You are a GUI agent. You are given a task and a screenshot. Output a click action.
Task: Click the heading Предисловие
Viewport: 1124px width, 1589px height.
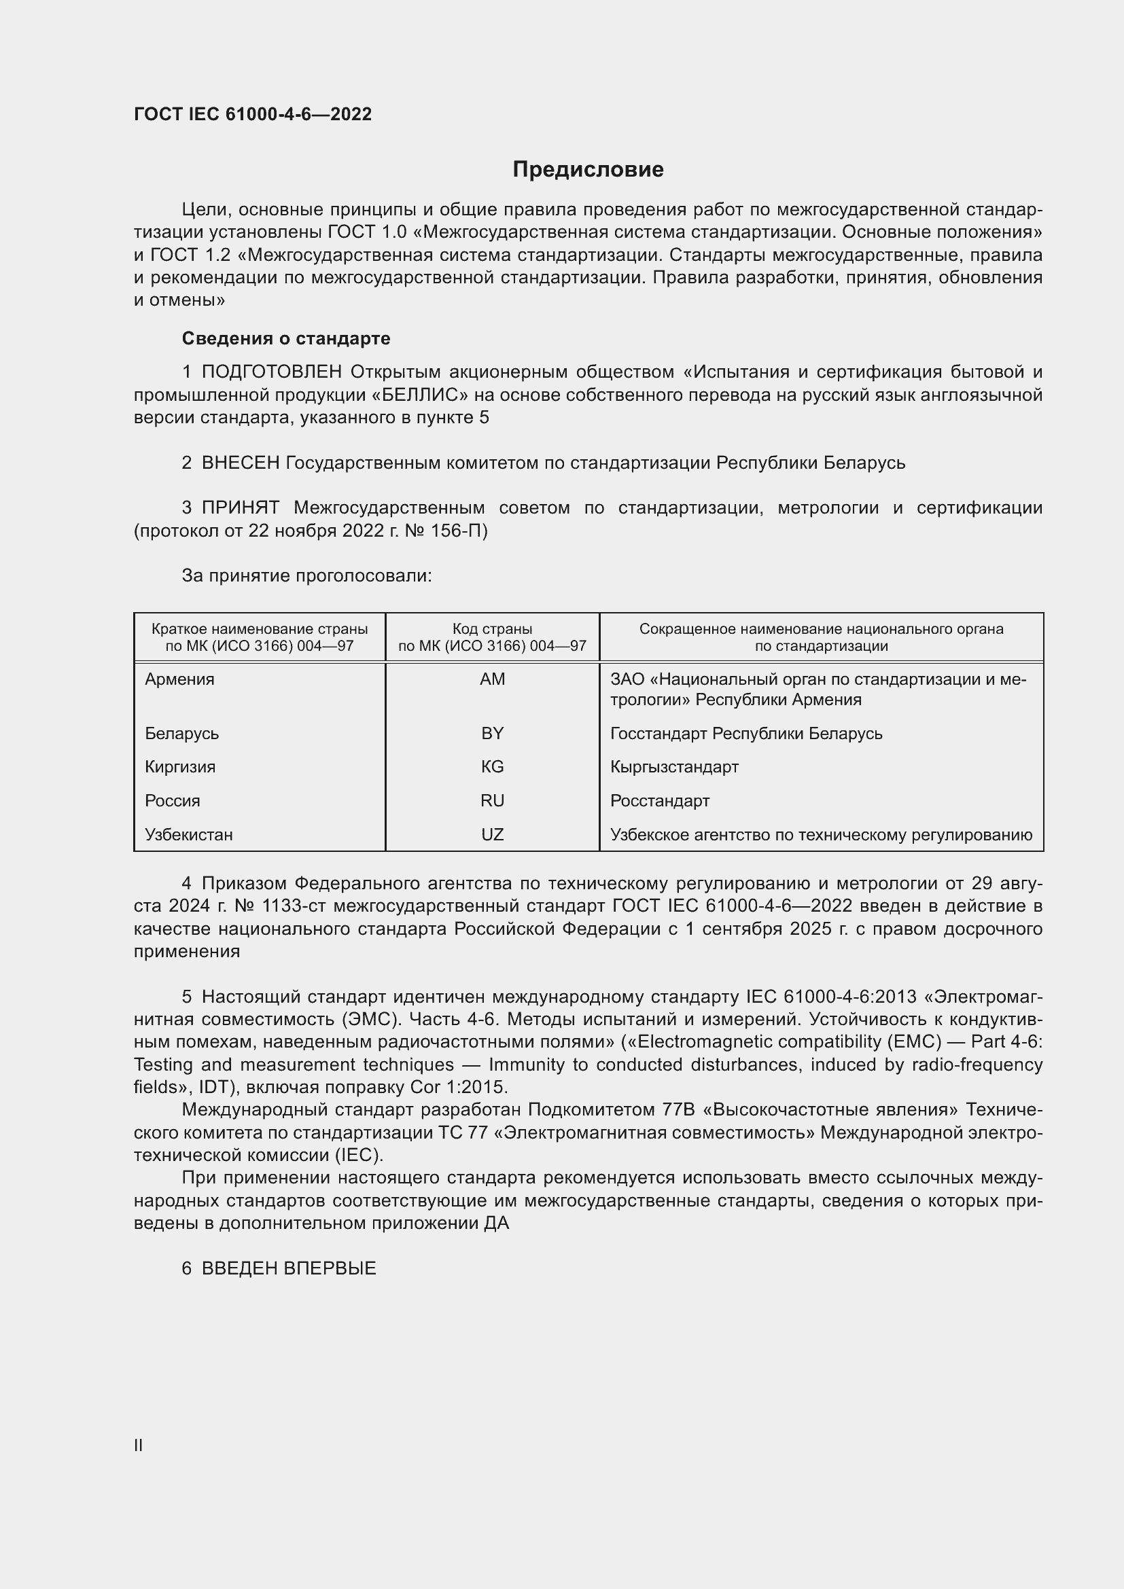click(588, 170)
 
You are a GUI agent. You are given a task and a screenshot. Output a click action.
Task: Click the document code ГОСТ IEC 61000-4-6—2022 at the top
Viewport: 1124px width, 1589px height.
click(253, 114)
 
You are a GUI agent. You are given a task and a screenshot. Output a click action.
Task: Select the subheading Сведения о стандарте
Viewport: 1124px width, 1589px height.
click(286, 338)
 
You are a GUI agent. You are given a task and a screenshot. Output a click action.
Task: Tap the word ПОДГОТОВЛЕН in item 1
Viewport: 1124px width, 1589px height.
click(271, 372)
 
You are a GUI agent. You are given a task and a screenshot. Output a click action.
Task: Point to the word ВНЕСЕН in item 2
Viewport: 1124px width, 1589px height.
click(240, 463)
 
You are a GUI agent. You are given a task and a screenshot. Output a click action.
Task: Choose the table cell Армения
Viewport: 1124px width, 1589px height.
click(180, 679)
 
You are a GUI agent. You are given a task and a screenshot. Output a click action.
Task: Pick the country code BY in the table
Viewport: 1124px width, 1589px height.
click(492, 734)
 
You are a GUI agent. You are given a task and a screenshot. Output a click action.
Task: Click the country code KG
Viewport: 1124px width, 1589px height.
click(492, 767)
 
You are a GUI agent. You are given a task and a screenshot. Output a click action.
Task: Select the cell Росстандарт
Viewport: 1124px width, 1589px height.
click(660, 801)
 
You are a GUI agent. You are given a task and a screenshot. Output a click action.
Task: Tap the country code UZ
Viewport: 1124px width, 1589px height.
click(492, 835)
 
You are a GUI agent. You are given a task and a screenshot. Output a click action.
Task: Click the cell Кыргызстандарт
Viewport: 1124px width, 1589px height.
click(674, 767)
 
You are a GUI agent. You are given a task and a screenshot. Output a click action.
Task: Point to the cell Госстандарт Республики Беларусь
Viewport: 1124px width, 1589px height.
click(746, 734)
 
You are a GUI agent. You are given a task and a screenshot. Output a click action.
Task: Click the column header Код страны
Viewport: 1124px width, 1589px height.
click(492, 629)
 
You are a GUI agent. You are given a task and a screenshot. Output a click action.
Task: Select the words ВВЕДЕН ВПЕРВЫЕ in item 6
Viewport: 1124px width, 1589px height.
click(289, 1268)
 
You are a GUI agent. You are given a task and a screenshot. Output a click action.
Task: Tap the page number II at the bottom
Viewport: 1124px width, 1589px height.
click(139, 1445)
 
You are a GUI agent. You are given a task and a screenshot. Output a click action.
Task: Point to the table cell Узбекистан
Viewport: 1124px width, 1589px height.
click(189, 835)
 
